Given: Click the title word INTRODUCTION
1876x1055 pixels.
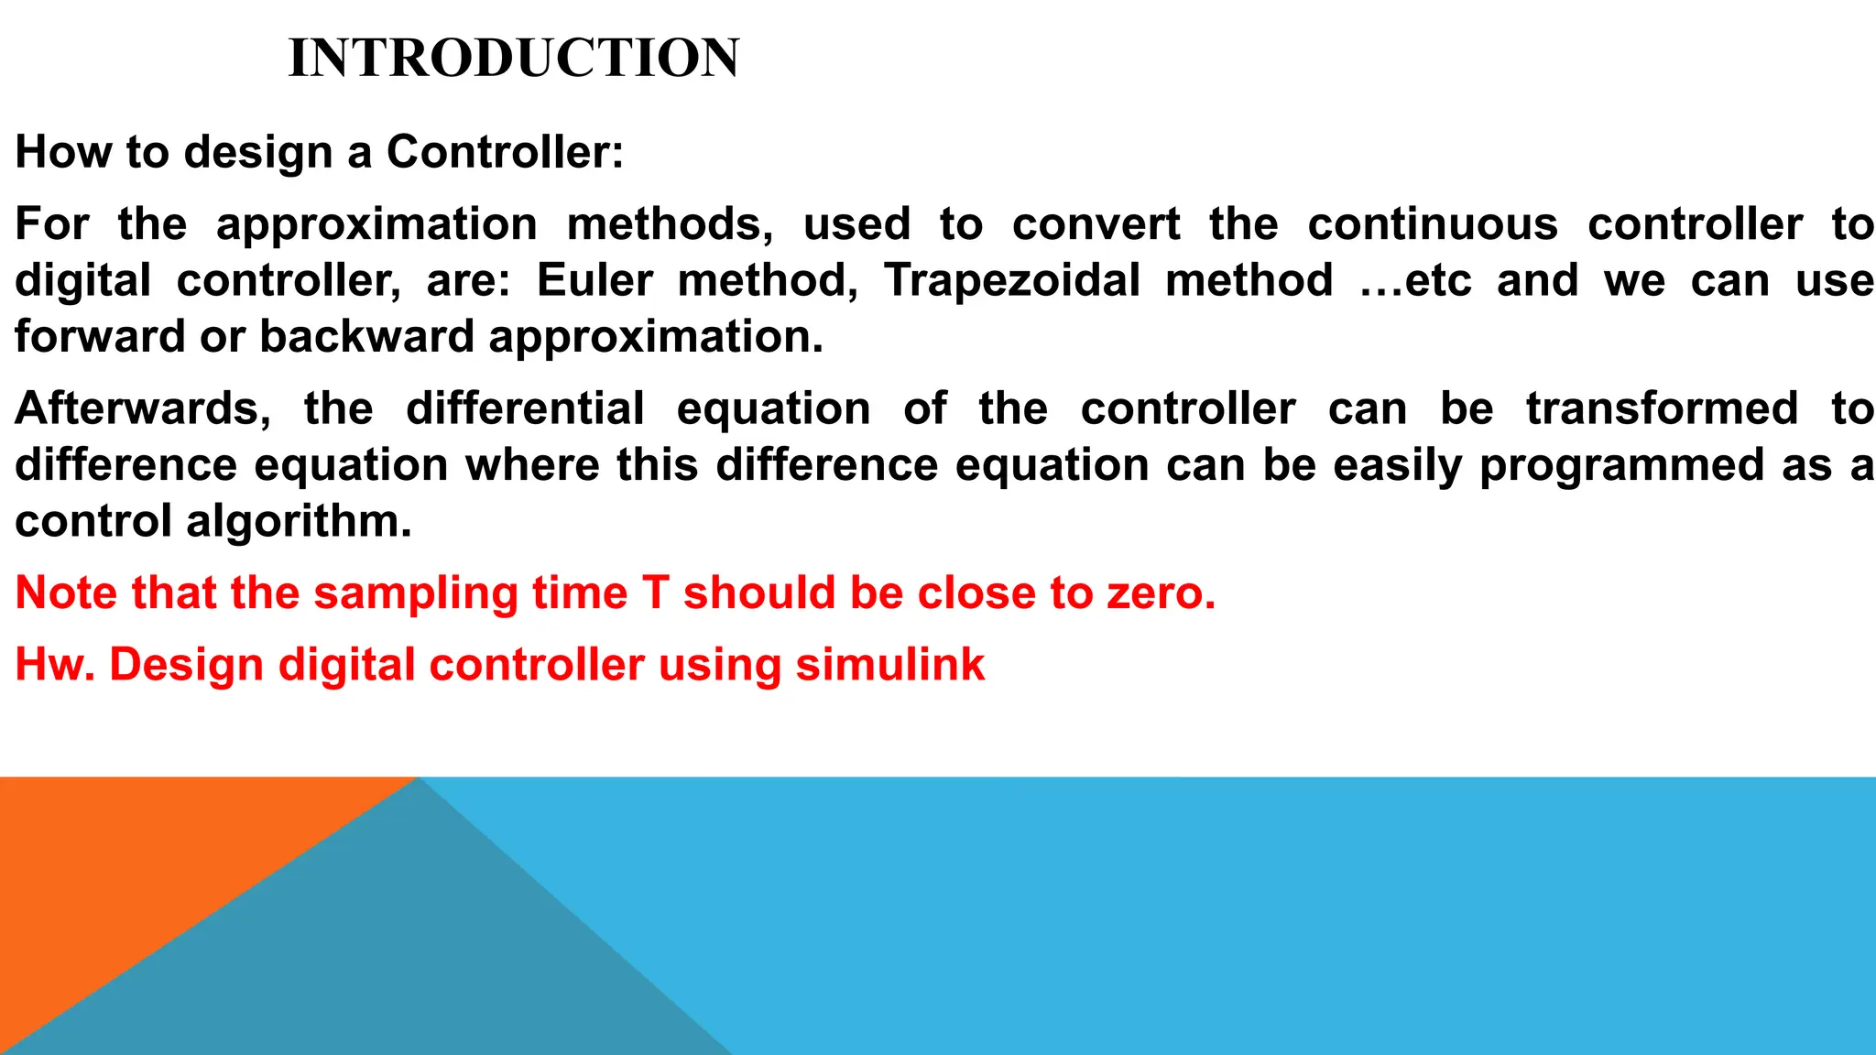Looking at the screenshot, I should pyautogui.click(x=514, y=58).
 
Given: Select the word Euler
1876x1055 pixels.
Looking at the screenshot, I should pyautogui.click(x=594, y=280).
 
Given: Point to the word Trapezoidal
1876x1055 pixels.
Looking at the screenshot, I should pyautogui.click(x=1012, y=280).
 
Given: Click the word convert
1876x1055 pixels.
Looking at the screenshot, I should pyautogui.click(x=1096, y=224).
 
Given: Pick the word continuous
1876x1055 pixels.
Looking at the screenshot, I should pyautogui.click(x=1433, y=224).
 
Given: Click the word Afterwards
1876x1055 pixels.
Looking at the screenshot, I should pyautogui.click(x=143, y=408).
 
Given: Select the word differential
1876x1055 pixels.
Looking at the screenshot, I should pyautogui.click(x=525, y=408).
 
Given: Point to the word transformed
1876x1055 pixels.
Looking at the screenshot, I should pyautogui.click(x=1662, y=408).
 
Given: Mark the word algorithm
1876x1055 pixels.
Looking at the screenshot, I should pyautogui.click(x=299, y=521).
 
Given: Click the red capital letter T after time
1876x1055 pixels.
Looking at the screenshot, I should pyautogui.click(x=656, y=593).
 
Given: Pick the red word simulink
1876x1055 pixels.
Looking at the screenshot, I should pyautogui.click(x=889, y=665).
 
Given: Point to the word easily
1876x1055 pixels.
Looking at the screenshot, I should pyautogui.click(x=1398, y=465).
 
